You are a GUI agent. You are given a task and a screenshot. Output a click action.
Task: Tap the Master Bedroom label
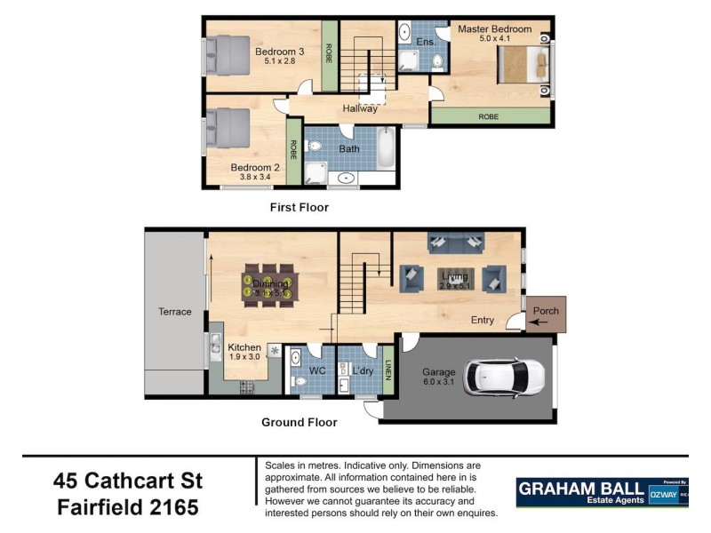494,29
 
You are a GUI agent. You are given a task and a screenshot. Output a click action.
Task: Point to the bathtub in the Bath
386,148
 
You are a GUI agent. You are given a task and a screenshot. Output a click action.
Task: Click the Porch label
545,312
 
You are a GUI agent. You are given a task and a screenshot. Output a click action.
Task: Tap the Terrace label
175,312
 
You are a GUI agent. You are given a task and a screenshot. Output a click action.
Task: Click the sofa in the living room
456,241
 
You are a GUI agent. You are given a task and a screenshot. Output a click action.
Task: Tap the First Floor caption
300,208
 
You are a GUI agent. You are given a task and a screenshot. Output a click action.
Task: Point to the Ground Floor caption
300,423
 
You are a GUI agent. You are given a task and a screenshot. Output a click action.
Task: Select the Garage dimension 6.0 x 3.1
439,383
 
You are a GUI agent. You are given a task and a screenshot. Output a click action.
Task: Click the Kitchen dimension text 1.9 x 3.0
244,357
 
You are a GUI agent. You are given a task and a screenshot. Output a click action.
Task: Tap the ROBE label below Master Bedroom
489,116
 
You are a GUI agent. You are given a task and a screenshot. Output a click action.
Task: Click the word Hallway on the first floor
361,108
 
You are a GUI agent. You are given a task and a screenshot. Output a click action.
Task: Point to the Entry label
483,320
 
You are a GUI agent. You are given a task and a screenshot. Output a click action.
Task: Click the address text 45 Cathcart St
128,481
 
